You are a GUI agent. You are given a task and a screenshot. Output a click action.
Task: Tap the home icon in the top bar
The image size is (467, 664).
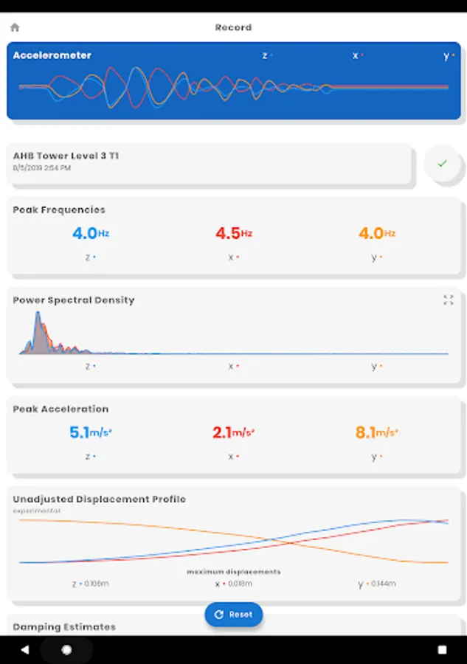pos(15,27)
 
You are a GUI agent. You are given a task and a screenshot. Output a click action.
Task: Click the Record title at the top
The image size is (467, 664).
pos(233,27)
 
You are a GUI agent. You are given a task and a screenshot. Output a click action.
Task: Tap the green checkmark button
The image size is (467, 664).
pos(442,164)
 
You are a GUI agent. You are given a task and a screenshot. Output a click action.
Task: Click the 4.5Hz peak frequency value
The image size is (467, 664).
pos(233,233)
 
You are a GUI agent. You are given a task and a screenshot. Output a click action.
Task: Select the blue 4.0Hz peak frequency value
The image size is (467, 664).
pos(90,233)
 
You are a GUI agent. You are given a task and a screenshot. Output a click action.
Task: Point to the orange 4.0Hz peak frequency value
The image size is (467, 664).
pos(377,233)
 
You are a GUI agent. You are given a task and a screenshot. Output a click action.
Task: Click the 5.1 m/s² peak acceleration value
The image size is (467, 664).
pos(90,433)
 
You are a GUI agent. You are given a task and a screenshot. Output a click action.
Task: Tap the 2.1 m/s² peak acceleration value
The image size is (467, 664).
pos(233,433)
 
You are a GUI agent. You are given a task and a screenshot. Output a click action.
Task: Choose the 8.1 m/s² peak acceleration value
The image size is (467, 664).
pos(377,433)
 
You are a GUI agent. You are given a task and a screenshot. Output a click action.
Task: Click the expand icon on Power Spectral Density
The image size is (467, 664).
pos(448,300)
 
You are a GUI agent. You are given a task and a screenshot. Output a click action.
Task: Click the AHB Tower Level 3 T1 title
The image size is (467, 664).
pos(66,156)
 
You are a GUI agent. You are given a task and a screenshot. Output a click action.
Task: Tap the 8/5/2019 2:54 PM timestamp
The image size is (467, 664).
pos(41,168)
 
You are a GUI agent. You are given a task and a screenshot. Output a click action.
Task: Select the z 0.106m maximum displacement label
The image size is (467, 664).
pos(90,584)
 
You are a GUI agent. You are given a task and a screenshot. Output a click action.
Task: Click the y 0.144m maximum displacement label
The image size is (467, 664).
pos(377,584)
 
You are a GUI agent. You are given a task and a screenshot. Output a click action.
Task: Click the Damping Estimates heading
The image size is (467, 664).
pos(64,626)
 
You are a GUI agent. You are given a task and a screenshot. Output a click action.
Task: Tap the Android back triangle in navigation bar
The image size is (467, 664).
pos(24,650)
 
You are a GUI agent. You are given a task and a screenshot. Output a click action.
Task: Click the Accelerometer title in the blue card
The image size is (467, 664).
pos(52,55)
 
